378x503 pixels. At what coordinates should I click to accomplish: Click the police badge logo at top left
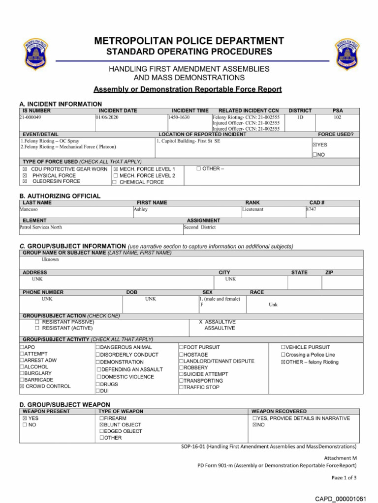click(x=35, y=55)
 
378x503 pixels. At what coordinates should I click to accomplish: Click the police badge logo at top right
click(x=347, y=54)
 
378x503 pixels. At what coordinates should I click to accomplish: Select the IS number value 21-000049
click(x=31, y=118)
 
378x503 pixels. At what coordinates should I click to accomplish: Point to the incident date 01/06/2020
click(x=107, y=118)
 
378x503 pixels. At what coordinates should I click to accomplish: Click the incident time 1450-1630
click(x=179, y=118)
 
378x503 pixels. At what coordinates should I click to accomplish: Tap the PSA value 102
click(x=337, y=118)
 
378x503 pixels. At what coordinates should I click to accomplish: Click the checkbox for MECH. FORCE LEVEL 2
click(x=115, y=175)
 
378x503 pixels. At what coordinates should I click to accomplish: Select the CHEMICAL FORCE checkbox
click(x=114, y=182)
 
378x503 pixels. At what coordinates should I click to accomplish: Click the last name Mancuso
click(x=29, y=209)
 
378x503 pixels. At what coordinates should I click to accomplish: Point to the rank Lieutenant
click(x=253, y=209)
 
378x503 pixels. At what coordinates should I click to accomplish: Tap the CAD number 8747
click(x=311, y=209)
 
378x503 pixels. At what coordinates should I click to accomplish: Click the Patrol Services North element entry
click(x=41, y=227)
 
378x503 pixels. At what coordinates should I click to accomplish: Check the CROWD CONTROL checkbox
click(x=22, y=387)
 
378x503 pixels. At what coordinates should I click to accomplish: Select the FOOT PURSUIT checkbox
click(x=181, y=347)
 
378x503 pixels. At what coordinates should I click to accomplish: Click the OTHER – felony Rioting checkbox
click(x=283, y=363)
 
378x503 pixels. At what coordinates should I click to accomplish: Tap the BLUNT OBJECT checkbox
click(x=101, y=425)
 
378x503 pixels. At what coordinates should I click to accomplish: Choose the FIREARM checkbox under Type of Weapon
click(x=101, y=419)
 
